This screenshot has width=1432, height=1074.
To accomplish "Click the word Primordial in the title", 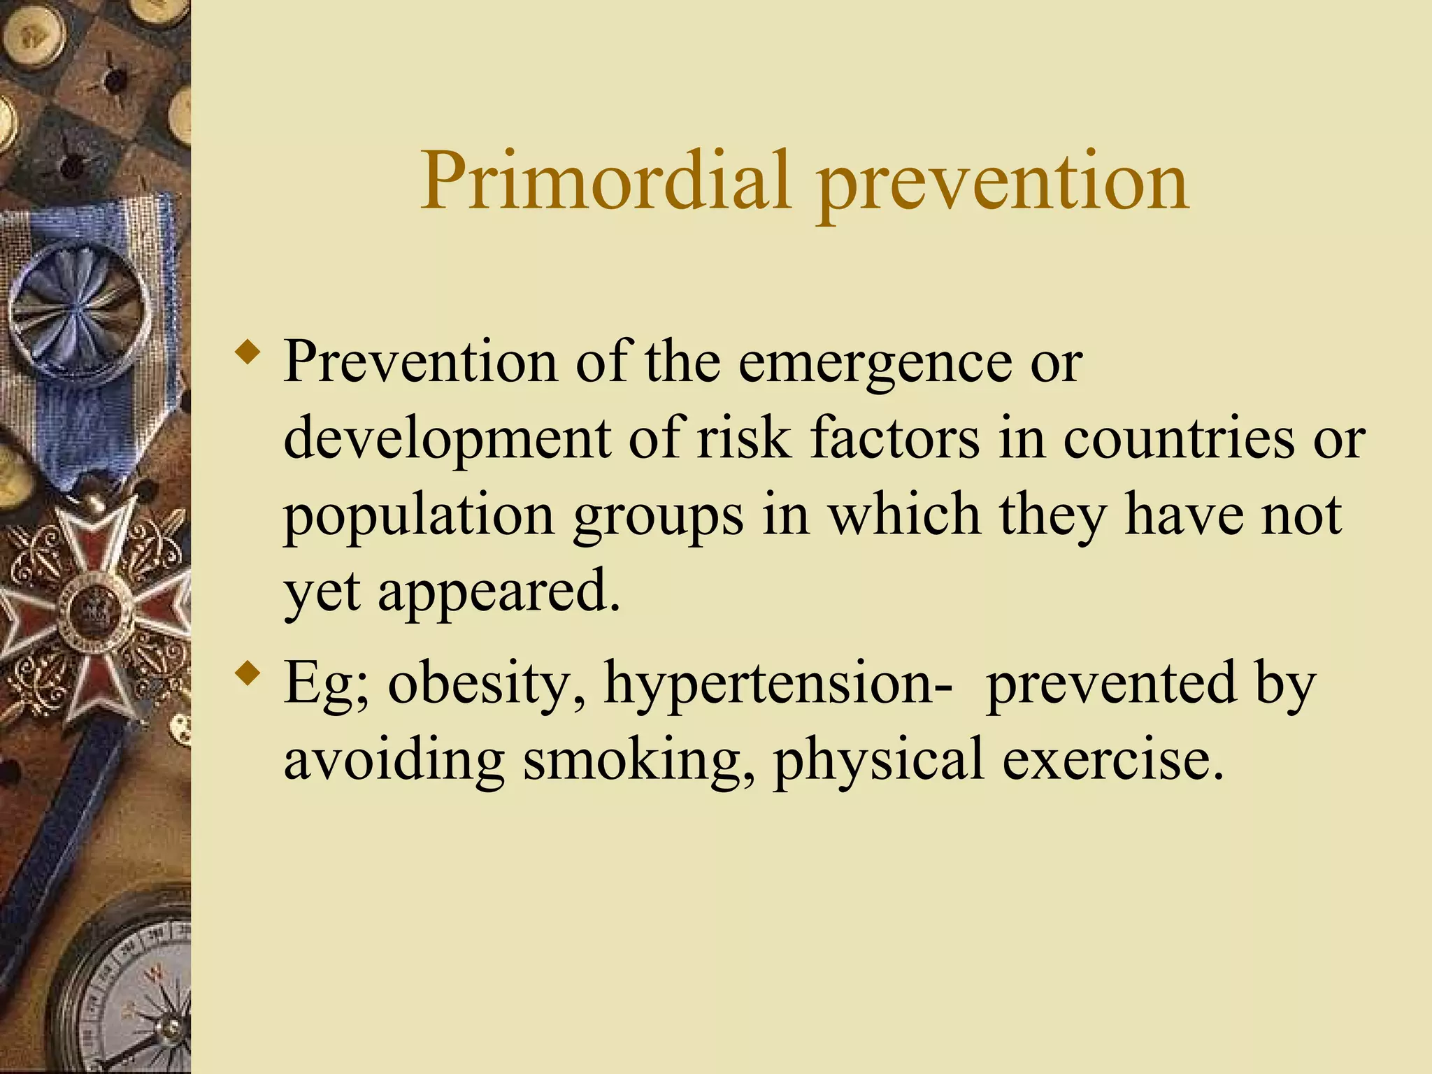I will pyautogui.click(x=606, y=180).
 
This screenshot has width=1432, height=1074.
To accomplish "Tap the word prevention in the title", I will pyautogui.click(x=1003, y=183).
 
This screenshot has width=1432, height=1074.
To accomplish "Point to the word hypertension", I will pyautogui.click(x=777, y=685).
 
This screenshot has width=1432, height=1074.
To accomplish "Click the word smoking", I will pyautogui.click(x=639, y=761).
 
